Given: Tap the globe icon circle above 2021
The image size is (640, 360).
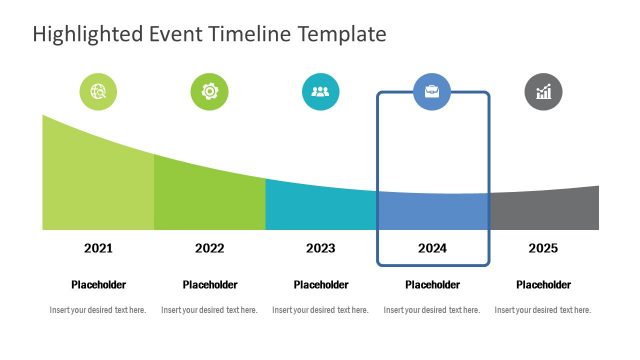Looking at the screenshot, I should point(98,92).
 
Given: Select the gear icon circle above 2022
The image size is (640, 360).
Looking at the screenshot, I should point(210,92).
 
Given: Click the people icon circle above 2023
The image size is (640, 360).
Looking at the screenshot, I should point(321,92).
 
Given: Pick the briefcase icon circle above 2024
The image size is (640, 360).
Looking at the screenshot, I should point(432,92).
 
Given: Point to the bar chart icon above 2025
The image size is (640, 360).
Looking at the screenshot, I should point(543,92).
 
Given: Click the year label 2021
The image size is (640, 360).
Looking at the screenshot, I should point(98,248).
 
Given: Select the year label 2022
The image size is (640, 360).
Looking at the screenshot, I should point(210,248).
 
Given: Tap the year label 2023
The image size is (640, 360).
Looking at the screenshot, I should point(321,248).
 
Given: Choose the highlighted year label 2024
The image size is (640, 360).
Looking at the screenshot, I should point(432,248).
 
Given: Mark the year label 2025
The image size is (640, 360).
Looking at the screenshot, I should point(543,248).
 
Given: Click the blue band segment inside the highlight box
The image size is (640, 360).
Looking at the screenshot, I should point(432,212).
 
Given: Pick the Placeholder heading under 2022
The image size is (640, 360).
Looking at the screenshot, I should point(210,285).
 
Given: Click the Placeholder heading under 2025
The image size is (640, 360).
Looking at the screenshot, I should point(543,285).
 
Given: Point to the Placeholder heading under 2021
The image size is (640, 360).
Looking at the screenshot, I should point(98,285).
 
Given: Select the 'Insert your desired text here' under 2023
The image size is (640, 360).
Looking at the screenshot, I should point(321,310).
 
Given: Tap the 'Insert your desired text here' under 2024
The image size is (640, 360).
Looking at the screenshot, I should point(432,310).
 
